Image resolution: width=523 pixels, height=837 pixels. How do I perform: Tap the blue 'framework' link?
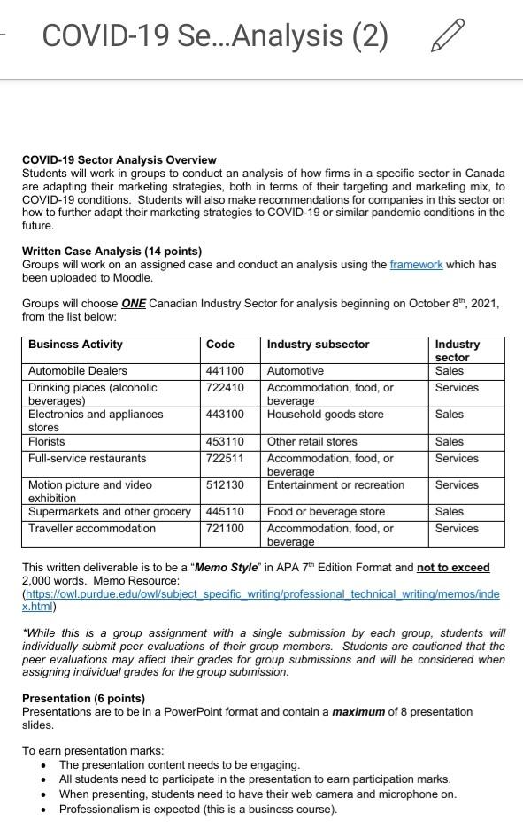[x=416, y=265]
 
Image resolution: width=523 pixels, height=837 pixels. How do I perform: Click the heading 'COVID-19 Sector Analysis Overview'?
[x=119, y=160]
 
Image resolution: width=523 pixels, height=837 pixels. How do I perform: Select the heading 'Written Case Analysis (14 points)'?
[x=112, y=252]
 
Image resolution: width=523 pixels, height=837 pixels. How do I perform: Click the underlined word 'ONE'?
[x=134, y=304]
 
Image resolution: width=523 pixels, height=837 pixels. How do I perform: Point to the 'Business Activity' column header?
[x=75, y=345]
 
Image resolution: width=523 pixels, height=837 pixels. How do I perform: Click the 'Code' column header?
[x=220, y=345]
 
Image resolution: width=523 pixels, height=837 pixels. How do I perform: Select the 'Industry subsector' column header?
[x=318, y=345]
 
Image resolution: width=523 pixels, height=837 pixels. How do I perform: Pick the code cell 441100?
[x=225, y=371]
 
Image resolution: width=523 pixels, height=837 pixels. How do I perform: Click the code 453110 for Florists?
[x=225, y=441]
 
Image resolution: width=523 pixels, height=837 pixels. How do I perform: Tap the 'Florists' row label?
[x=47, y=441]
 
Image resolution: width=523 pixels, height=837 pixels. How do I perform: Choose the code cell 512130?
[x=225, y=485]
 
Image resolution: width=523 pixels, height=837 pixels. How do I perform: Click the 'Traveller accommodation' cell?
[x=91, y=529]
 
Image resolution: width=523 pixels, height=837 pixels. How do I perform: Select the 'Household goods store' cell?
[x=325, y=415]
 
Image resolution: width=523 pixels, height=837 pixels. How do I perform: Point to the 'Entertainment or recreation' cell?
[x=335, y=485]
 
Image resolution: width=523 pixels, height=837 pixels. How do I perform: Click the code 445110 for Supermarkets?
[x=225, y=512]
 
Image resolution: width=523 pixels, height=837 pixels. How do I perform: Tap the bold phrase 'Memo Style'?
[x=225, y=568]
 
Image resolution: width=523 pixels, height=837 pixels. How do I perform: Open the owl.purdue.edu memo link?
[x=261, y=594]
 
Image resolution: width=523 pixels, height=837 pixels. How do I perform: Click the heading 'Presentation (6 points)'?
[x=82, y=699]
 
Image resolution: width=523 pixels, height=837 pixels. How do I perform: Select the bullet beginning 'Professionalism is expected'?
[x=197, y=810]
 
